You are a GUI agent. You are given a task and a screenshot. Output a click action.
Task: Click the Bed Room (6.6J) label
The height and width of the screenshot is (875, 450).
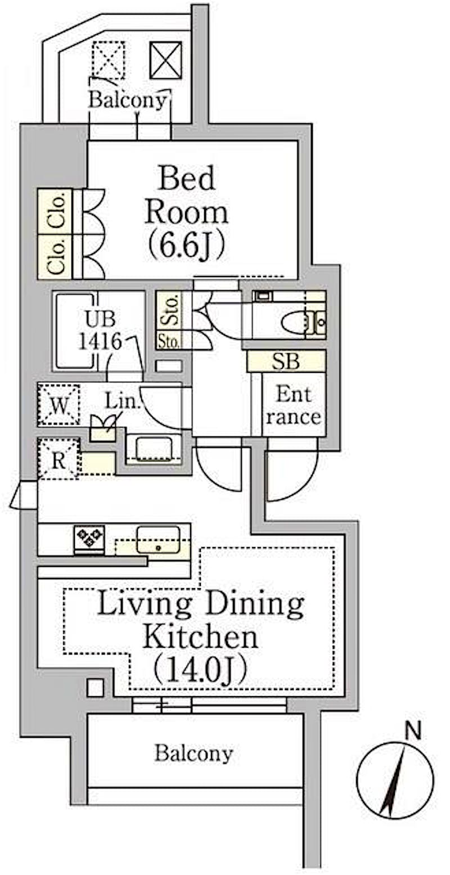186,213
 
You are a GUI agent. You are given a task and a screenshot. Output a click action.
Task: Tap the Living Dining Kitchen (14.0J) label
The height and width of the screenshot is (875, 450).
200,637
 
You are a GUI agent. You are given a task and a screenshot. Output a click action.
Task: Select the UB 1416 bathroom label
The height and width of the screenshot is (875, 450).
100,330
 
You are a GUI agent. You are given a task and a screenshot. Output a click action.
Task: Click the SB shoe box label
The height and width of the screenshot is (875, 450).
286,362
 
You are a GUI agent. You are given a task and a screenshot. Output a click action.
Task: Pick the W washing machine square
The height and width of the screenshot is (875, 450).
59,405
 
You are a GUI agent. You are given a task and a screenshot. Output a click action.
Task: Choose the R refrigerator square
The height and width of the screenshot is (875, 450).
58,459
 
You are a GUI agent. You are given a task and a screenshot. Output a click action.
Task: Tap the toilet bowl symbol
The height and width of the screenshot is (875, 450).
294,322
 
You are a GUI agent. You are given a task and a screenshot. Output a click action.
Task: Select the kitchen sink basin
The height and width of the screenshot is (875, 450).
158,540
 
